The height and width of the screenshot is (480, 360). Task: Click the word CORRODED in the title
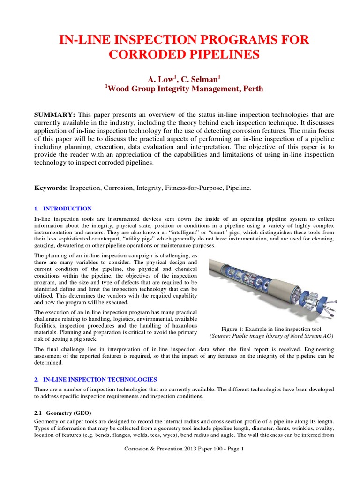(x=141, y=54)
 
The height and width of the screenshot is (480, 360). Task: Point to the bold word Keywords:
(x=51, y=188)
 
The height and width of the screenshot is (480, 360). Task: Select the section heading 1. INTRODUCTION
(x=63, y=209)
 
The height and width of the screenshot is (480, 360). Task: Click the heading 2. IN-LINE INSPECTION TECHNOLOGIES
(x=96, y=379)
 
